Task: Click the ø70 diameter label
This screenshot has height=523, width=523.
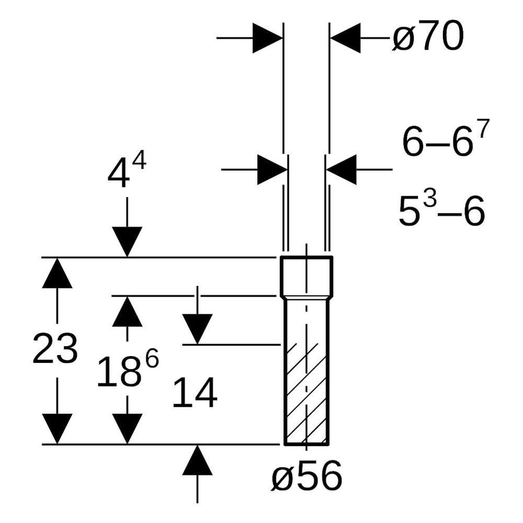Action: [x=428, y=36]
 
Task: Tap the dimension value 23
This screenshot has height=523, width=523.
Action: [x=55, y=348]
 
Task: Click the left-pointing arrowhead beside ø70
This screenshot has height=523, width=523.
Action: [x=345, y=38]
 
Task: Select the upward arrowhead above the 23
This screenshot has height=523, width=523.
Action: [x=57, y=273]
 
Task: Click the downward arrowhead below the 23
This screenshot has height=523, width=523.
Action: [x=57, y=429]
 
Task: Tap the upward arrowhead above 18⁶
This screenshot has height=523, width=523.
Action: [x=127, y=311]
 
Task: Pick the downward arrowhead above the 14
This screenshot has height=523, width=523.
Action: [x=198, y=329]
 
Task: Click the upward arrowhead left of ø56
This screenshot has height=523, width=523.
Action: [x=198, y=460]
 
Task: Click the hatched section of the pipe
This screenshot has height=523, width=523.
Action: [x=306, y=394]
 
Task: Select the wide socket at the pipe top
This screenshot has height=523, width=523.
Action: [x=306, y=277]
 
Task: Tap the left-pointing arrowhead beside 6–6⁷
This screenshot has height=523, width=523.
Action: [x=342, y=169]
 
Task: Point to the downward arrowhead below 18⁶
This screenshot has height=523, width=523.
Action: [x=127, y=429]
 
